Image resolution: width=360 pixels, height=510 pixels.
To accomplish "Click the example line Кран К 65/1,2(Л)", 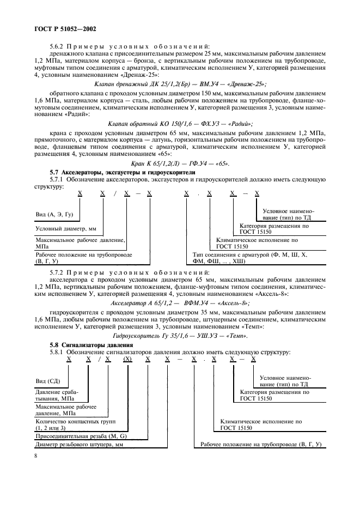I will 180,163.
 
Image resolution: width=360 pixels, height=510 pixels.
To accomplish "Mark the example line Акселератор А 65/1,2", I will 180,302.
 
